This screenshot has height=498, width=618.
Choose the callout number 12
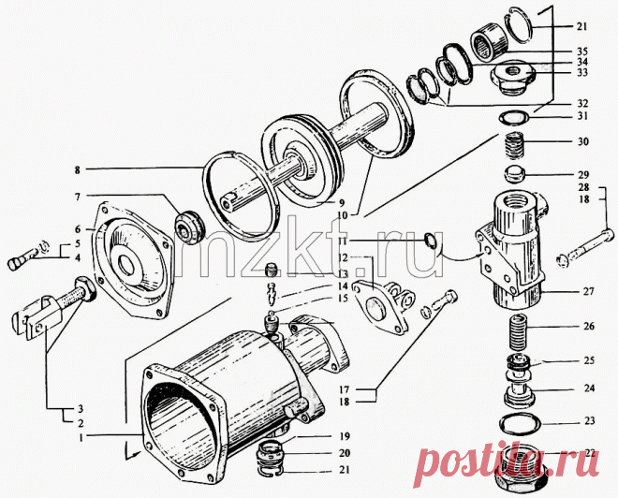[x=344, y=257]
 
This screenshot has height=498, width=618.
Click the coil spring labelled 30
[x=512, y=146]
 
